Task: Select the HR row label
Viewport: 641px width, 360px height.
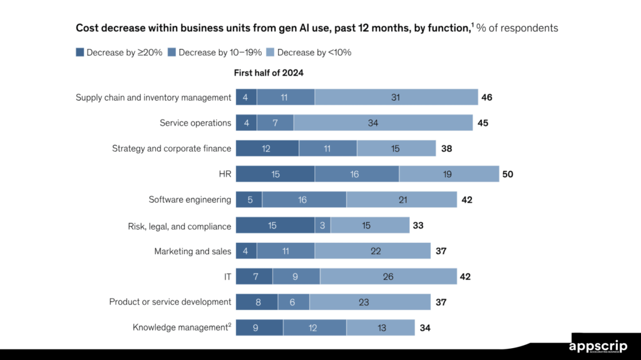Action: [225, 174]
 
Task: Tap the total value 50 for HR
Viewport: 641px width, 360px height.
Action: [507, 174]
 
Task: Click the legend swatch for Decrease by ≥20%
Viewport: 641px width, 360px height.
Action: [79, 53]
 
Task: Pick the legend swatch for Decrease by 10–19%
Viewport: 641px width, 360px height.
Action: [172, 53]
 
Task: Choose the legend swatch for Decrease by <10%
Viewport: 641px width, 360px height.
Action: [270, 53]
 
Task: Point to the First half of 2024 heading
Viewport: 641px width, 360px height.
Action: [269, 73]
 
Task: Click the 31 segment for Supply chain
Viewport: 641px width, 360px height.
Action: [396, 97]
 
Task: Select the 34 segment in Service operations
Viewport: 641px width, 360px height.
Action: [382, 123]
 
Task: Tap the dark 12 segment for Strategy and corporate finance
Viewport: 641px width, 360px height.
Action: [267, 148]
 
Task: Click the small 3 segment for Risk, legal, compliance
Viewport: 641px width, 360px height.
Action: [322, 225]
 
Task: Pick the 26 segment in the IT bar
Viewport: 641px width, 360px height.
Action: [388, 276]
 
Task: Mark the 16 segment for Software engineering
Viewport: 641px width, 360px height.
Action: [304, 200]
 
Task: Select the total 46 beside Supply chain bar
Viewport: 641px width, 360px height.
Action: [487, 97]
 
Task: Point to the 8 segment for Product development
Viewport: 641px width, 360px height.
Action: [257, 302]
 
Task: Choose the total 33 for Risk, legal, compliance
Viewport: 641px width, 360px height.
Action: [418, 225]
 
